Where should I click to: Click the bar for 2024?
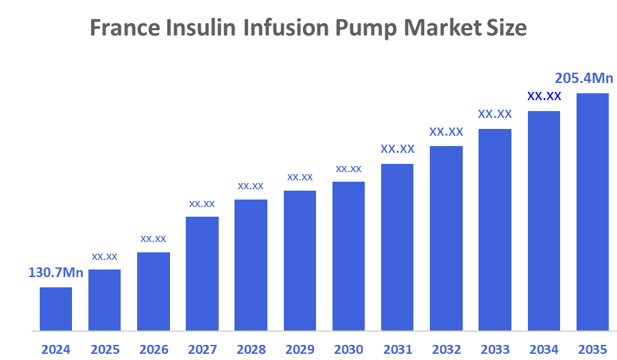[56, 309]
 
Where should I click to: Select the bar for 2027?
[202, 274]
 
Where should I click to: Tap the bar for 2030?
[348, 256]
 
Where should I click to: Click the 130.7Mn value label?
[56, 273]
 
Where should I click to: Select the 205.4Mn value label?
[583, 78]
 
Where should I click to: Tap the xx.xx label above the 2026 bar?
[153, 239]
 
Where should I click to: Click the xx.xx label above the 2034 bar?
[544, 96]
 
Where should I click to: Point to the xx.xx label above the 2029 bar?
[300, 177]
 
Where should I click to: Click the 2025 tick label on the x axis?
[104, 349]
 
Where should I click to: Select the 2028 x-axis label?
[251, 349]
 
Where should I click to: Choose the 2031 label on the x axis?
[397, 349]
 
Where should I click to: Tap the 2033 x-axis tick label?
[495, 349]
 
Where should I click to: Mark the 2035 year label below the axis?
[592, 349]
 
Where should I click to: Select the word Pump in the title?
[367, 28]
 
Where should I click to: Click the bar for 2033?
[495, 230]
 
